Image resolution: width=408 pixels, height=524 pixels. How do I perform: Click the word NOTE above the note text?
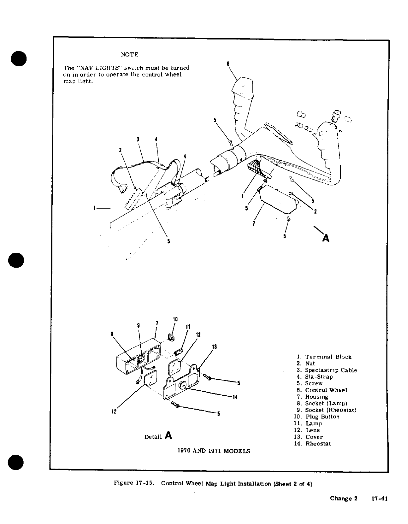click(x=129, y=54)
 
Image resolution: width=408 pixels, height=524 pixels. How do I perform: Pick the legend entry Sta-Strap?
click(x=318, y=377)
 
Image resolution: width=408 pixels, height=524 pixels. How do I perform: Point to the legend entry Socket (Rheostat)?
click(x=330, y=410)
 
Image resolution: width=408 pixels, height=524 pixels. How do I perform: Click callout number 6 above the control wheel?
click(x=228, y=64)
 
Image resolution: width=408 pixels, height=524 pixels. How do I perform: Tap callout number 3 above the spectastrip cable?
click(x=138, y=139)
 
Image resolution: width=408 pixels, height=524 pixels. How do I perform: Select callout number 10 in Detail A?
click(x=175, y=319)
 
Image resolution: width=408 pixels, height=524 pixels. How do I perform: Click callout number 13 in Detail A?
click(x=214, y=347)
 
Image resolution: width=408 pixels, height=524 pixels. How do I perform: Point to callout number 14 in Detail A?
click(x=235, y=397)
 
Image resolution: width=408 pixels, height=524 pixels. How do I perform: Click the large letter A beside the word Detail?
click(x=168, y=435)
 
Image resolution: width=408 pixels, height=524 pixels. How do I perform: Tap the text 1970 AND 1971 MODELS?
click(x=214, y=451)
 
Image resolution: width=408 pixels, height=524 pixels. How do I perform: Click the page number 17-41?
click(x=379, y=498)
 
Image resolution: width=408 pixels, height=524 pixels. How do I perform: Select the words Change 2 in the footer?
click(x=344, y=498)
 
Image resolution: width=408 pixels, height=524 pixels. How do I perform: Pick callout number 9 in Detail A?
click(x=138, y=326)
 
